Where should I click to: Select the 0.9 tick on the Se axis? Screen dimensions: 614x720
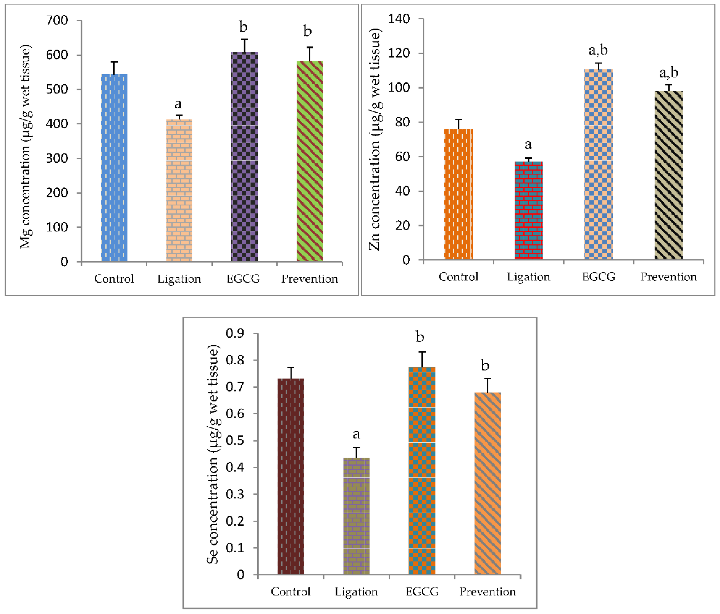[235, 333]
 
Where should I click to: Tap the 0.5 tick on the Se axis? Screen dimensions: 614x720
[235, 440]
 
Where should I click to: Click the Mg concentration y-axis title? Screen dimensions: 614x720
[25, 146]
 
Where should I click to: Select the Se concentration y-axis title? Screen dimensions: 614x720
[213, 454]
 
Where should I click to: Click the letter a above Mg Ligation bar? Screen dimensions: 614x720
[178, 104]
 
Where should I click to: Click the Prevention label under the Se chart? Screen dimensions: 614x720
[488, 591]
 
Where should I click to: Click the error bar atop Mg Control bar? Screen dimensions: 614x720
[114, 68]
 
